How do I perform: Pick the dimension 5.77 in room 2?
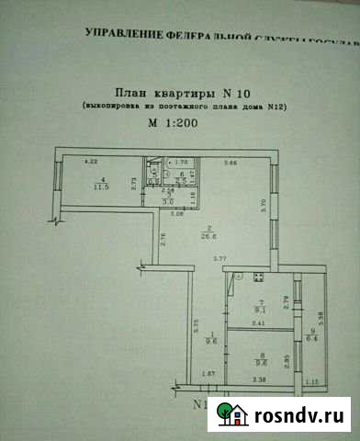point(219,261)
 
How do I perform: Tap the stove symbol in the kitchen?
point(262,279)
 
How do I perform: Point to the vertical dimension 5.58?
point(319,320)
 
